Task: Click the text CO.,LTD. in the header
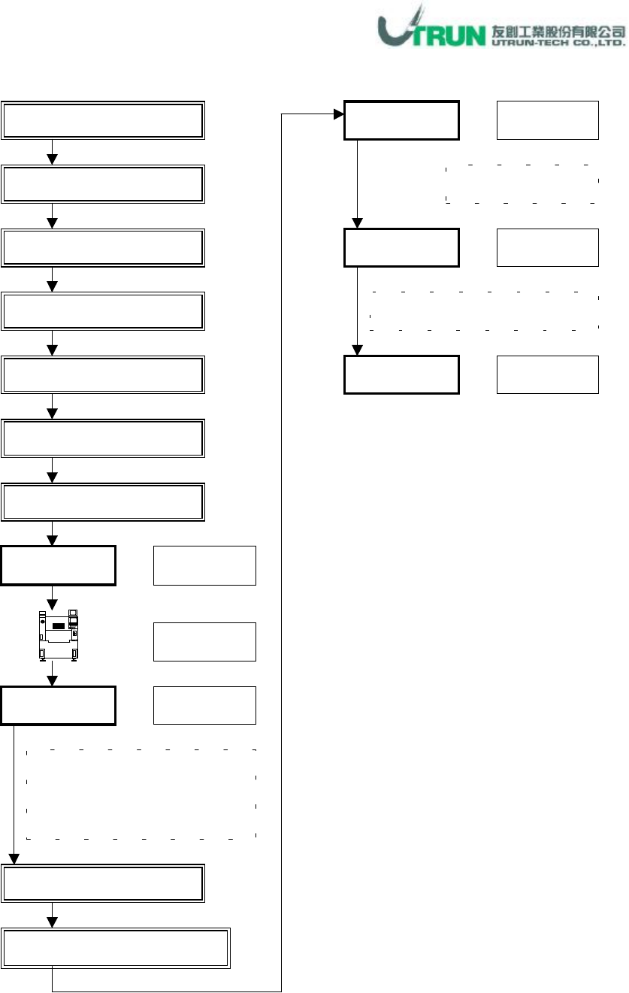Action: coord(598,43)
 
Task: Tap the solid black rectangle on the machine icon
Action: coord(58,625)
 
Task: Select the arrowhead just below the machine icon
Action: coord(53,680)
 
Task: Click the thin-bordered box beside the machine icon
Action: coord(204,641)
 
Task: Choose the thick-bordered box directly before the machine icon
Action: coord(59,566)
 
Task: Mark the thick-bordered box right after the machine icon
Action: coord(59,705)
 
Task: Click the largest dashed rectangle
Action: coord(141,794)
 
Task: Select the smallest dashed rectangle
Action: coord(522,182)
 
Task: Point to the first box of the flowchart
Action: coord(103,119)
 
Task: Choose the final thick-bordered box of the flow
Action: coord(401,374)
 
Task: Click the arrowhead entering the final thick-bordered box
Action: coord(357,350)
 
